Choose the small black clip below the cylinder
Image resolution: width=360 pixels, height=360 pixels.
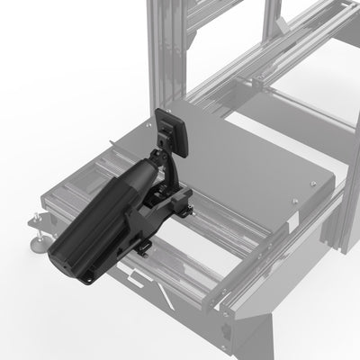pos(143,247)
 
